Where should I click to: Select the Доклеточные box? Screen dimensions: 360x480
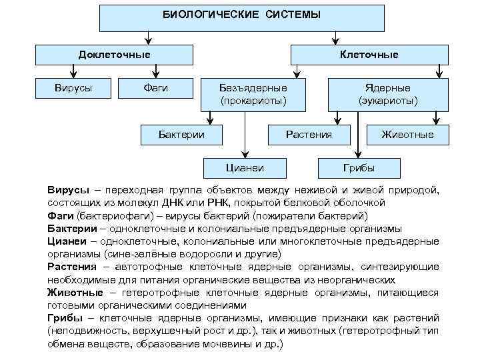click(114, 55)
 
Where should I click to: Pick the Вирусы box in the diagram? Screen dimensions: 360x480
click(73, 88)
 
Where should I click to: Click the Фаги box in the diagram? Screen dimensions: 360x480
click(156, 88)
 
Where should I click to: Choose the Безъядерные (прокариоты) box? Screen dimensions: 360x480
click(253, 95)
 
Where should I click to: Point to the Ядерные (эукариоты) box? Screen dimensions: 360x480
click(387, 95)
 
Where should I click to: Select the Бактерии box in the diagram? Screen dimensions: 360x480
click(181, 135)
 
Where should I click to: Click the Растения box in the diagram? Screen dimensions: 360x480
click(309, 135)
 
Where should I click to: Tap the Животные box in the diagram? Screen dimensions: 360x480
click(407, 135)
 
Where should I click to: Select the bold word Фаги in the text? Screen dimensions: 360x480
click(61, 217)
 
